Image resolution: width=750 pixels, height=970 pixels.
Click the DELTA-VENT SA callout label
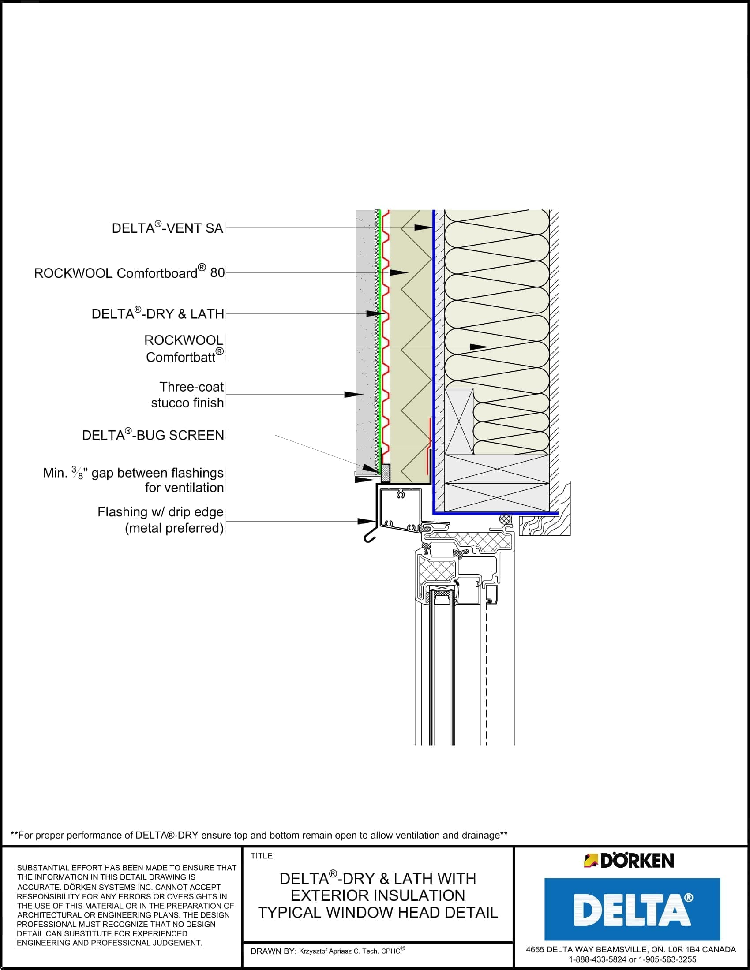point(167,228)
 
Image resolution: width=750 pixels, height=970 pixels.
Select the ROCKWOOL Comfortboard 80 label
point(129,272)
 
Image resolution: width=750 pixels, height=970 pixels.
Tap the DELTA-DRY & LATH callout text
point(158,314)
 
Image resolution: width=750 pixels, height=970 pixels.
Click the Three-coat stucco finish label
point(187,395)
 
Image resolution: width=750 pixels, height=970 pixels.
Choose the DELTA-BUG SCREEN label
point(153,435)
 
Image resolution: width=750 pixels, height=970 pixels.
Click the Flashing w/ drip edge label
point(161,520)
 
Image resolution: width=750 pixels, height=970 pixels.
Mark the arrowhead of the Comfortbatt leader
point(480,347)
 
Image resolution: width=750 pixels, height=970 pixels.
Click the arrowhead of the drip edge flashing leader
point(367,521)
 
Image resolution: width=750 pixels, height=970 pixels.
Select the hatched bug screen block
point(386,474)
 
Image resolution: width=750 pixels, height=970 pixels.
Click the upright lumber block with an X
point(459,421)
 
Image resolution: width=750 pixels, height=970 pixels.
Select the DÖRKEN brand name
point(637,861)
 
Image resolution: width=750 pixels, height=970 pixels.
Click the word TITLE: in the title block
point(262,856)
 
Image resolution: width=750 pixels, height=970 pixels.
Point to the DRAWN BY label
point(273,951)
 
